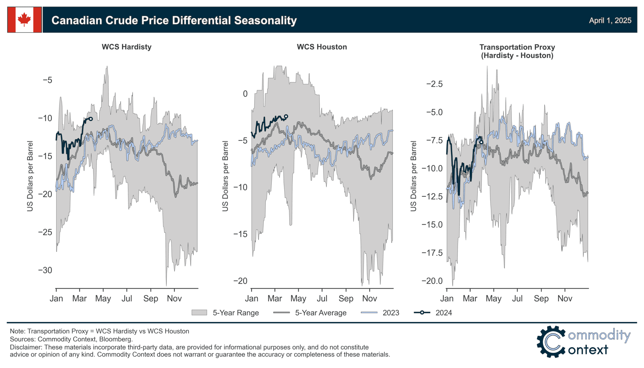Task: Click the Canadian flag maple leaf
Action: [24, 20]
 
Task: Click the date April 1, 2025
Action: [610, 20]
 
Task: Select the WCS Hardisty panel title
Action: [126, 47]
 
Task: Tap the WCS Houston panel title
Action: [322, 47]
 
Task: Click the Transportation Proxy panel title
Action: [517, 51]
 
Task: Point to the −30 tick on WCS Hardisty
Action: [45, 270]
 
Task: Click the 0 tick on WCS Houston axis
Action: [245, 94]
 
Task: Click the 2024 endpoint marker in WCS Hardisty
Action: [91, 119]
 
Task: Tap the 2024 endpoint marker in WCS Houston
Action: [286, 116]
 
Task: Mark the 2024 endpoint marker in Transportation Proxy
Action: [481, 142]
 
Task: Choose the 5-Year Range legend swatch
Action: [199, 313]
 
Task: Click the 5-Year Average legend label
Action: [320, 313]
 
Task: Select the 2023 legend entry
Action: [391, 313]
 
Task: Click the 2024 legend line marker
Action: [422, 313]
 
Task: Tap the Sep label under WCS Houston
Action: [346, 298]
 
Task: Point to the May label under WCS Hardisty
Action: [103, 298]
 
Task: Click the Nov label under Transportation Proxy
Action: [564, 298]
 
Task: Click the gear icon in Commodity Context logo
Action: [551, 342]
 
